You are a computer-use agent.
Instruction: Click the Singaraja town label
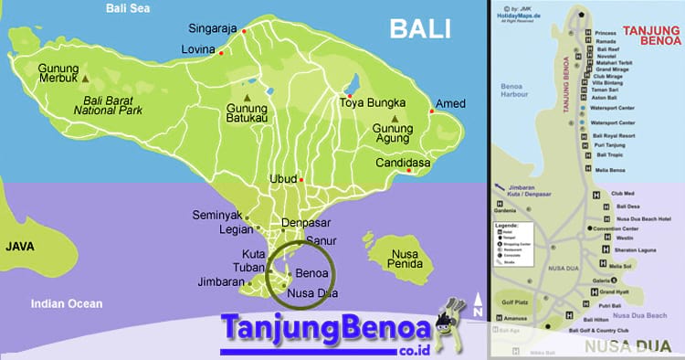coord(214,27)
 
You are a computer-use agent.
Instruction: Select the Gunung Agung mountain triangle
coord(395,119)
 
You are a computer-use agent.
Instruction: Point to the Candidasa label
coord(403,164)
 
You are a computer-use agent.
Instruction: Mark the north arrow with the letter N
coord(477,308)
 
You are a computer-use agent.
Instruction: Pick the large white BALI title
coord(420,29)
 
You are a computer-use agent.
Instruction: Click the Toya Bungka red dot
coord(347,95)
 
